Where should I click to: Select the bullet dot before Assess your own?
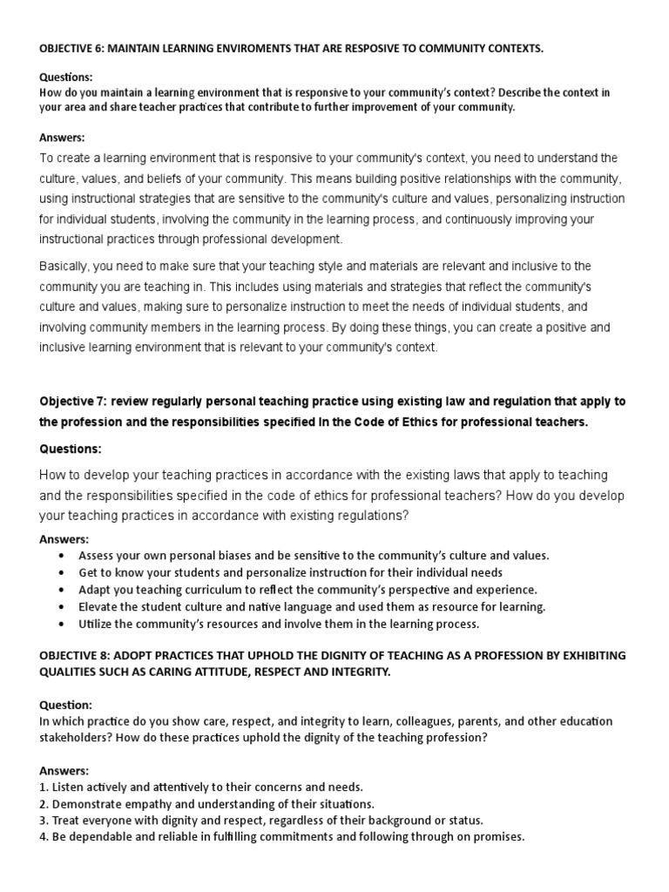[x=59, y=556]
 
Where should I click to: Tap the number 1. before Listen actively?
[x=44, y=787]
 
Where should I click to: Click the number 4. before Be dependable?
[x=44, y=837]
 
